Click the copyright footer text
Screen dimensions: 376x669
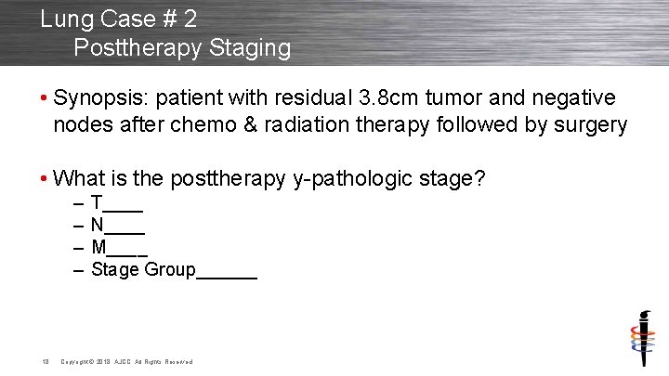(126, 361)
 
